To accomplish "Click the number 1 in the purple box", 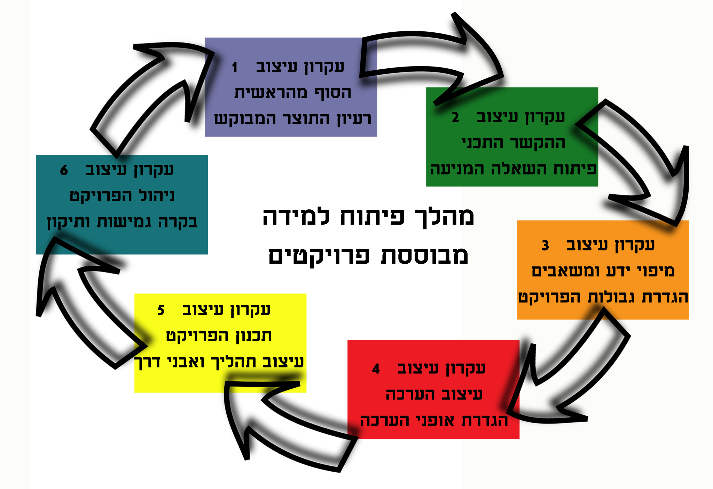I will pyautogui.click(x=235, y=67).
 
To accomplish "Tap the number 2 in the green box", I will pyautogui.click(x=455, y=118).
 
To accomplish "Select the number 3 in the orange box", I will pyautogui.click(x=545, y=246).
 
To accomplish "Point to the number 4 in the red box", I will pyautogui.click(x=376, y=369).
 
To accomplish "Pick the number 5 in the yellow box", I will pyautogui.click(x=160, y=310).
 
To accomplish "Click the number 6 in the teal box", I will pyautogui.click(x=64, y=171).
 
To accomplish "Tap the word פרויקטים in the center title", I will pyautogui.click(x=319, y=256).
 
